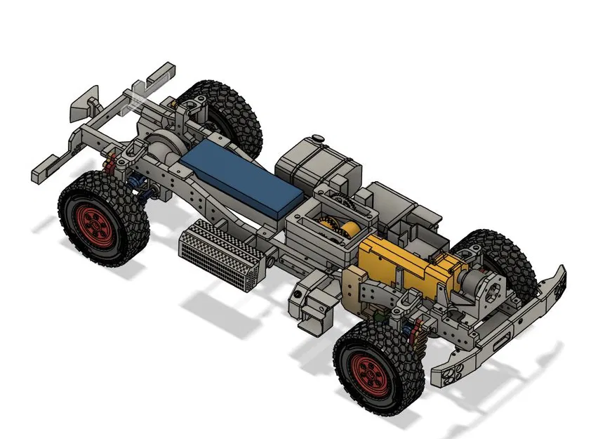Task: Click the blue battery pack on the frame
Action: (x=243, y=176)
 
